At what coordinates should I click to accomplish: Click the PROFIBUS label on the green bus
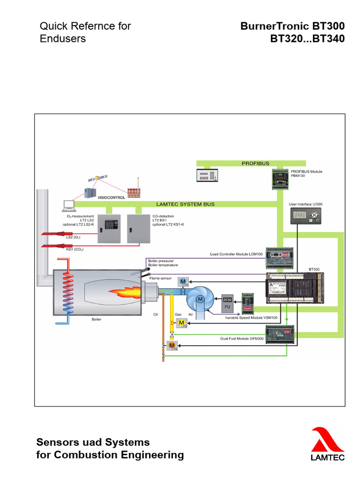(x=255, y=163)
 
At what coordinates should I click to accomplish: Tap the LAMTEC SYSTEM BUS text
(x=185, y=204)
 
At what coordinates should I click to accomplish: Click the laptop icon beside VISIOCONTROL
(x=69, y=205)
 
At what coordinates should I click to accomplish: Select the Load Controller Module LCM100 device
(x=280, y=258)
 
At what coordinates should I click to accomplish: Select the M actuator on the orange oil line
(x=172, y=346)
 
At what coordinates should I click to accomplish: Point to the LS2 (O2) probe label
(x=73, y=237)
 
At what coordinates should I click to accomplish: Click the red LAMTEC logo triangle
(x=326, y=439)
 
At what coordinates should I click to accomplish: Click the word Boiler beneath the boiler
(x=96, y=319)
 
